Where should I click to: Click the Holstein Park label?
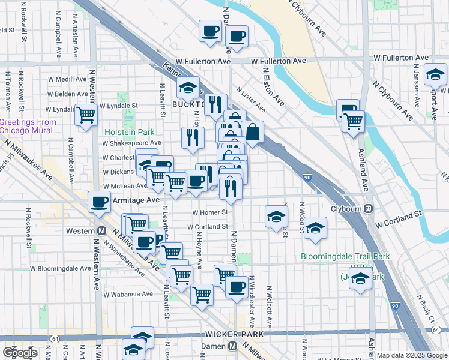[129, 132]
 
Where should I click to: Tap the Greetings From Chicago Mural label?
[28, 126]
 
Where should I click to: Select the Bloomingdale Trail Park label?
[345, 257]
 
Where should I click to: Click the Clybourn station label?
[348, 209]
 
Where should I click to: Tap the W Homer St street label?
[210, 212]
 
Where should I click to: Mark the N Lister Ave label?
[250, 99]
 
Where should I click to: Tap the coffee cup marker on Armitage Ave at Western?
[99, 202]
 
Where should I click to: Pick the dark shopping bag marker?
[253, 131]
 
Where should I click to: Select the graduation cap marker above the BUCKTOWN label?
[188, 88]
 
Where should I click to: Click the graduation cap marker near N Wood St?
[276, 216]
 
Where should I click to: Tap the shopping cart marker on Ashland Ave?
[354, 121]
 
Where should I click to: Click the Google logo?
[20, 353]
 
